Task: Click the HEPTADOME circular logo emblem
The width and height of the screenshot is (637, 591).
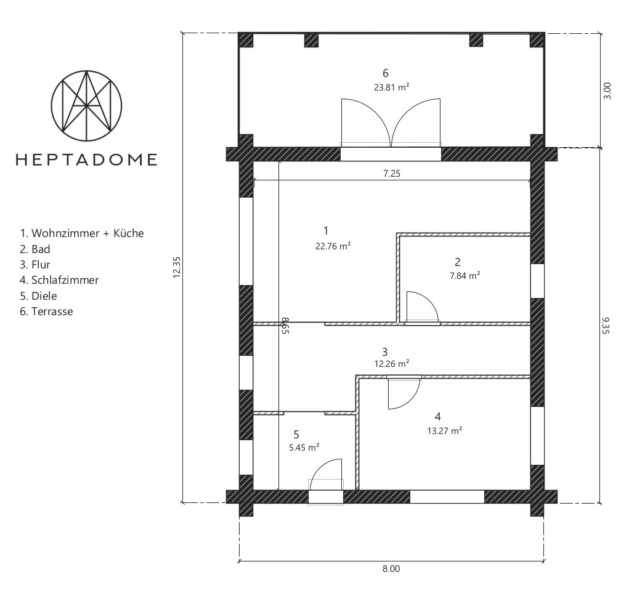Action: click(86, 105)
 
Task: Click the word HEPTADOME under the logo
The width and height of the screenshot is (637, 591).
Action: click(86, 159)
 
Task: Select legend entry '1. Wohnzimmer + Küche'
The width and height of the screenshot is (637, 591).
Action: click(82, 233)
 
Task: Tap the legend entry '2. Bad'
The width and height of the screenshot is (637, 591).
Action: click(35, 249)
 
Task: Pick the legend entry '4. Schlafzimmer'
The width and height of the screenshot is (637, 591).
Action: click(59, 280)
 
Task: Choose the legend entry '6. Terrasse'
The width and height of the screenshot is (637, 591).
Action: click(46, 312)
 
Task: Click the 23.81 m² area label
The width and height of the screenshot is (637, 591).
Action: click(391, 87)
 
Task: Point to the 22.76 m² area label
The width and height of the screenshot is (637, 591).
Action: click(332, 244)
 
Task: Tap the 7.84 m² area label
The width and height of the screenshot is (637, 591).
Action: click(466, 276)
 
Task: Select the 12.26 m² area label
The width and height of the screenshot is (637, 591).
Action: click(392, 363)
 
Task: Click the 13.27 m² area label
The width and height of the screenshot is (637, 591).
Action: click(445, 431)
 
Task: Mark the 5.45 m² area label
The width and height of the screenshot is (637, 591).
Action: click(304, 448)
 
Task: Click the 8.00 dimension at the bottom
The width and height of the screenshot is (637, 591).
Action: click(391, 569)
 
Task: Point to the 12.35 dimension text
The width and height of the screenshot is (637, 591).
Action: click(177, 268)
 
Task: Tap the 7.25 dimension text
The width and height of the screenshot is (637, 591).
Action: click(392, 174)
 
